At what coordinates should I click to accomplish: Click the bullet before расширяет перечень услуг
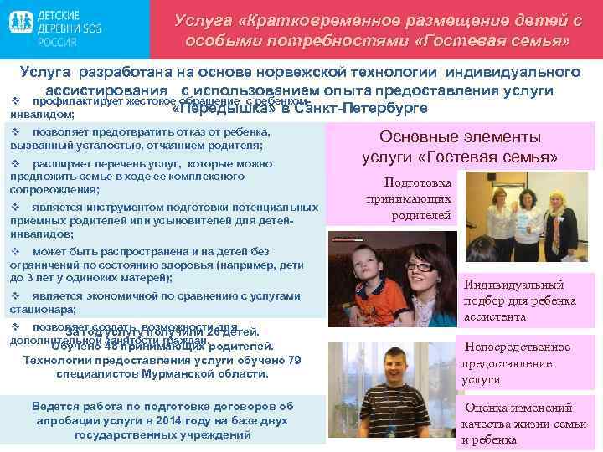15,164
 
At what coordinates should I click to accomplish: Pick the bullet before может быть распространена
15,251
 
